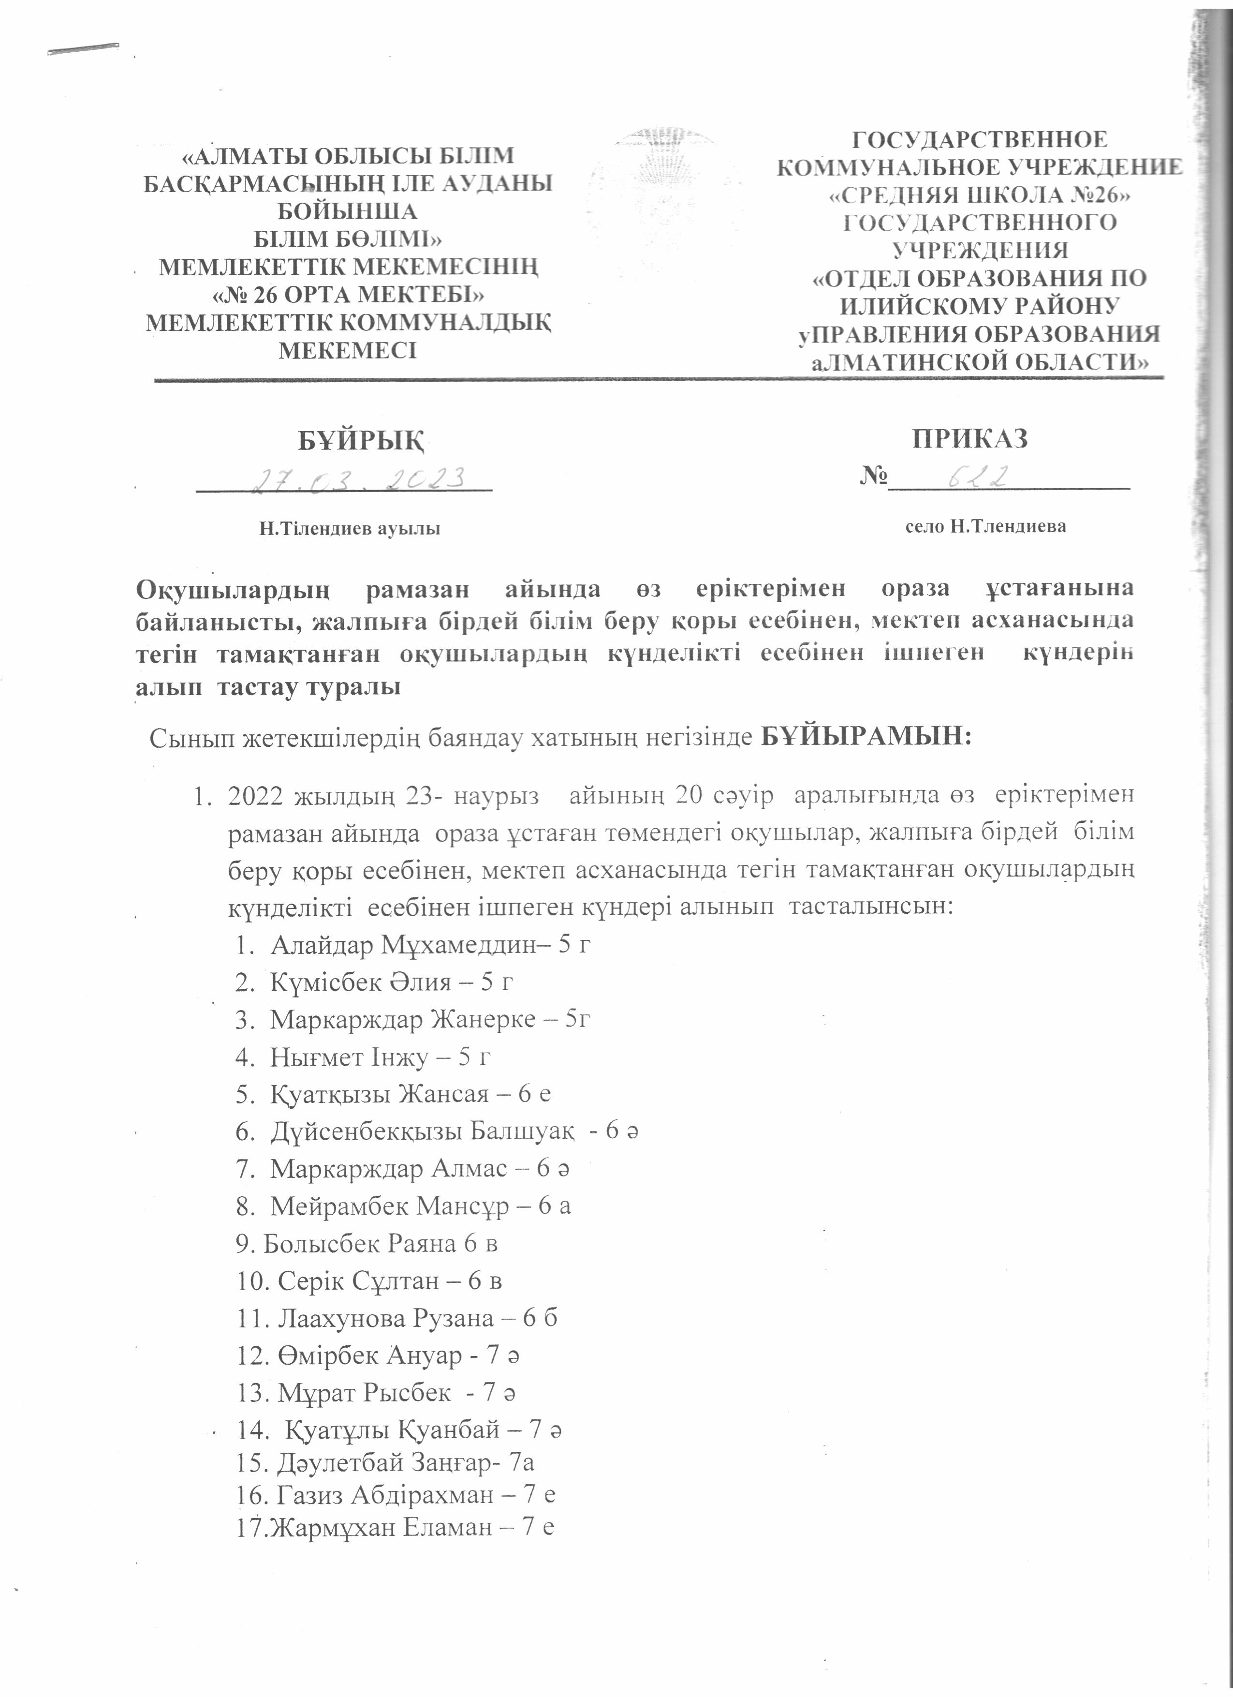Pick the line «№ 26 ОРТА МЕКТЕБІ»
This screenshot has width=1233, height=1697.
[x=349, y=294]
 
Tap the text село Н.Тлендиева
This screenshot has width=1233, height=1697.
[x=985, y=526]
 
